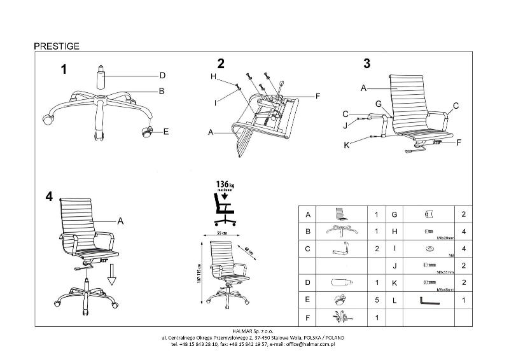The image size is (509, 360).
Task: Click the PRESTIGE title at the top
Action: point(57,46)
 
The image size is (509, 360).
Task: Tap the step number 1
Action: point(64,70)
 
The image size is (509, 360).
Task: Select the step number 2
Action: point(221,64)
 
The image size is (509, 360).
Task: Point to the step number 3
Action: point(366,63)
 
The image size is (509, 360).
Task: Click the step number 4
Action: point(49,197)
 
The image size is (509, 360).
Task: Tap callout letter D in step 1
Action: point(162,76)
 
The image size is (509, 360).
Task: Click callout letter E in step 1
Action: point(165,132)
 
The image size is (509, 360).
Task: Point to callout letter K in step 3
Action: point(346,145)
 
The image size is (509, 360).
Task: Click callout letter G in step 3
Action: point(377,104)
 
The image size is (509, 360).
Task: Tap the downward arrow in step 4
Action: point(111,277)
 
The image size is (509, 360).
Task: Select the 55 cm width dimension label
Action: point(223,235)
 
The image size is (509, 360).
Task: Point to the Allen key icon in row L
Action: point(429,300)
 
